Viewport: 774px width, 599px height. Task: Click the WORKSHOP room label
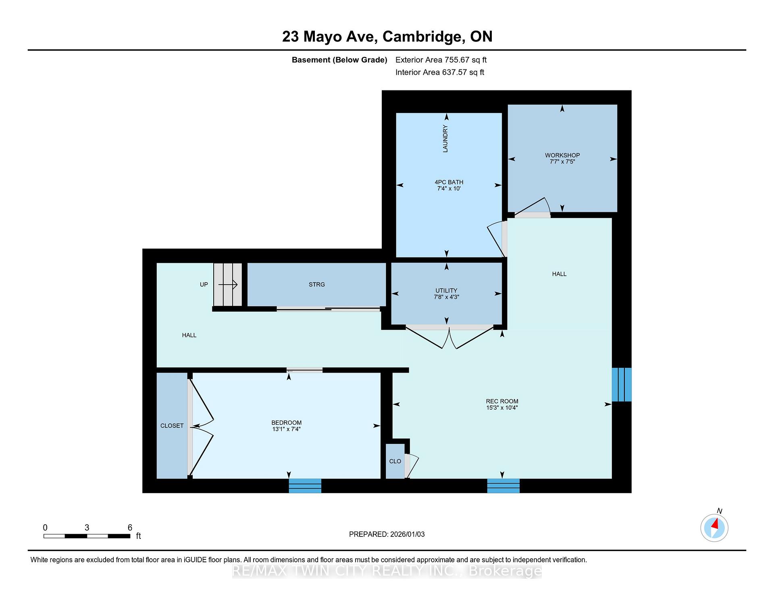(x=562, y=155)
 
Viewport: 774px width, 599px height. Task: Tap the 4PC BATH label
(x=449, y=182)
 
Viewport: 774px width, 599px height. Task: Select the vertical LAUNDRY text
(x=445, y=138)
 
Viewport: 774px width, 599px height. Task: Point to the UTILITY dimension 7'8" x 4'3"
(x=446, y=297)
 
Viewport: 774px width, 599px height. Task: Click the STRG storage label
(x=316, y=285)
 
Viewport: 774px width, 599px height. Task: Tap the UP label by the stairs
(x=204, y=285)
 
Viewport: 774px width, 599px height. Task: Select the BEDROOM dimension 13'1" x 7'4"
(x=286, y=429)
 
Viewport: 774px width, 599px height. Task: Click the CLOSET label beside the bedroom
(x=172, y=426)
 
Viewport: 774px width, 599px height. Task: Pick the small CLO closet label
(x=395, y=461)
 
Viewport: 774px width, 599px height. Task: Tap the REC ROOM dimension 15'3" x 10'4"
(x=502, y=408)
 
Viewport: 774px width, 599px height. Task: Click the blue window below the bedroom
(x=305, y=486)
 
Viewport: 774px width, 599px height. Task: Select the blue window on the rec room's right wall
(x=622, y=385)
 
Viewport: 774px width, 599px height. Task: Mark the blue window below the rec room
(x=504, y=486)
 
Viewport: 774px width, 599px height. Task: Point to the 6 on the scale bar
(x=130, y=528)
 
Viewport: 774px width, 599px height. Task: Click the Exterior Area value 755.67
(x=457, y=60)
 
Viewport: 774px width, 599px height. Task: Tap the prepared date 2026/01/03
(x=408, y=534)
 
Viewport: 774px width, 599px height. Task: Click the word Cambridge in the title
(x=421, y=37)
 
